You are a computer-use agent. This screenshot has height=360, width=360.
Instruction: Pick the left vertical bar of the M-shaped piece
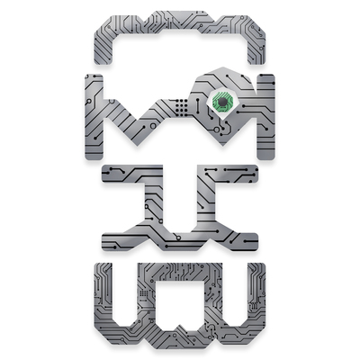tap(94, 117)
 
